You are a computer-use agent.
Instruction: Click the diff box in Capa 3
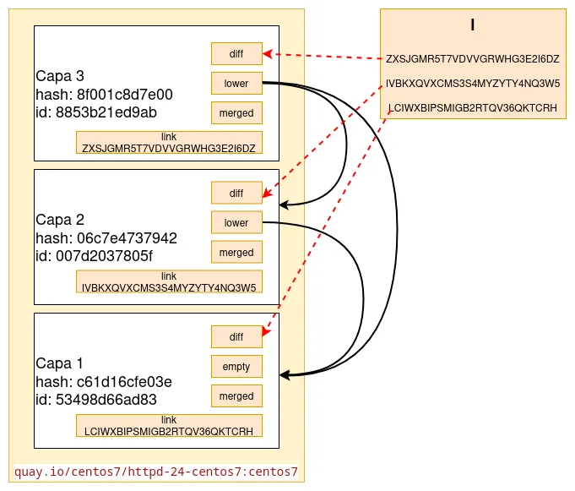tap(236, 53)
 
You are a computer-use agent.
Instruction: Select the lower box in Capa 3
tap(236, 83)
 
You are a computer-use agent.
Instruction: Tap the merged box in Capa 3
tap(236, 112)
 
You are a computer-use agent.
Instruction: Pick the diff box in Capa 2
tap(236, 193)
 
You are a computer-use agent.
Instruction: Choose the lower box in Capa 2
tap(236, 222)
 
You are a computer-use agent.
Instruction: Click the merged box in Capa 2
tap(236, 252)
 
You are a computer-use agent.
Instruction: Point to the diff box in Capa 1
tap(236, 336)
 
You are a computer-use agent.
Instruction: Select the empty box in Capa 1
tap(236, 366)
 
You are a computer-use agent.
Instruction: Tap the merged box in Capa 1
tap(236, 396)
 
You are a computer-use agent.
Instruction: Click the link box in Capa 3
tap(169, 142)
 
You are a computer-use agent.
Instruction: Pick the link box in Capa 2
tap(169, 281)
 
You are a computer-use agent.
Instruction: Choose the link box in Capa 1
tap(169, 425)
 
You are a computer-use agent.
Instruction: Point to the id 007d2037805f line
tap(95, 255)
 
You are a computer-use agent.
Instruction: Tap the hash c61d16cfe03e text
tap(104, 381)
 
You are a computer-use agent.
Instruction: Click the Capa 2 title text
tap(60, 219)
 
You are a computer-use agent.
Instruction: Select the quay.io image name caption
tap(157, 471)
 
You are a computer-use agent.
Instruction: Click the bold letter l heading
tap(473, 25)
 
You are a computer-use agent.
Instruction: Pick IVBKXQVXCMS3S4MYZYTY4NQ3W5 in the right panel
tap(473, 84)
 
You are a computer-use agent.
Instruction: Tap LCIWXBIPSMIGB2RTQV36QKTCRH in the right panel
tap(473, 108)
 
